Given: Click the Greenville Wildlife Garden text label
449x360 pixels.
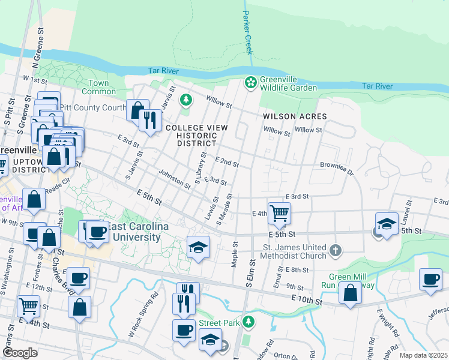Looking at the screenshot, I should (288, 83).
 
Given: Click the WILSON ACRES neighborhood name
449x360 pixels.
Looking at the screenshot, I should (295, 116).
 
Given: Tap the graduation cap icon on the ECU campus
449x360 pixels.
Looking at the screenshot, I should (197, 247).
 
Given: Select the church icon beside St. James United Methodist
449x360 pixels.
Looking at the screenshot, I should (336, 248).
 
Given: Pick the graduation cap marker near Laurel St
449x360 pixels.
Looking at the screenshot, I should (387, 224).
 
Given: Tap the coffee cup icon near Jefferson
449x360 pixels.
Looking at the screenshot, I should (430, 280).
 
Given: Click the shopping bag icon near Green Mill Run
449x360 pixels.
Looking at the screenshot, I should (350, 293).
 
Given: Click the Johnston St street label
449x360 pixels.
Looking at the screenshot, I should (175, 179).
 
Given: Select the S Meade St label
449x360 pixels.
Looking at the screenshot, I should (224, 209).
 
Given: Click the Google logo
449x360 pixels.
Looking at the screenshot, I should (20, 352).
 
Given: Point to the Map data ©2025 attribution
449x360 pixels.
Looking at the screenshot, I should (423, 355).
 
